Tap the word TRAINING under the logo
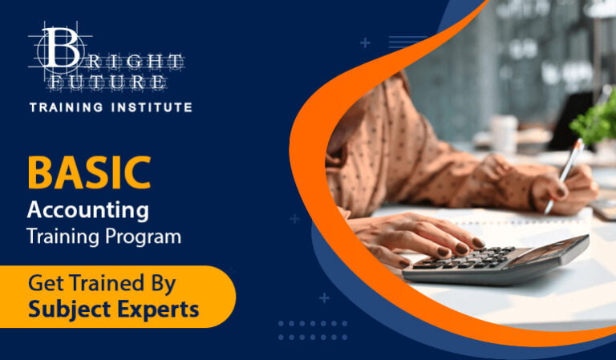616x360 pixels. (69, 107)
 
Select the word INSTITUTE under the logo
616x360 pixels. (154, 107)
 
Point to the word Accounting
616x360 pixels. (87, 211)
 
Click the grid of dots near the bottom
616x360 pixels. (313, 331)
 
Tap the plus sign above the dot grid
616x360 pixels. (324, 297)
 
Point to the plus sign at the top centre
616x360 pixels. (366, 42)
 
